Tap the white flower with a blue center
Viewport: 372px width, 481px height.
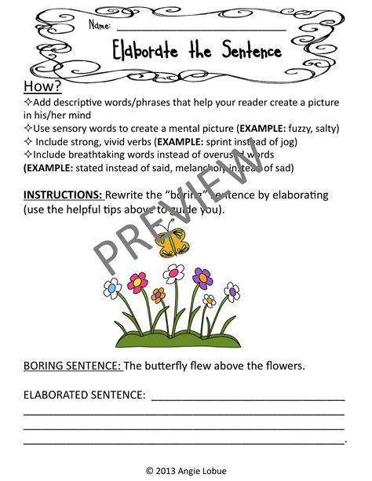click(113, 288)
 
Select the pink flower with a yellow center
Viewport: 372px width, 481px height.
click(139, 281)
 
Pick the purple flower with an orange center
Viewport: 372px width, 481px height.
click(202, 276)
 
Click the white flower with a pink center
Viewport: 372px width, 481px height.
click(174, 273)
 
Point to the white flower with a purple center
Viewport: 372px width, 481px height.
click(232, 292)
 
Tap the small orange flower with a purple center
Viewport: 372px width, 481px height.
click(209, 301)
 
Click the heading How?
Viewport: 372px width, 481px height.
click(38, 86)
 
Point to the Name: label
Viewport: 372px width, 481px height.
click(100, 26)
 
